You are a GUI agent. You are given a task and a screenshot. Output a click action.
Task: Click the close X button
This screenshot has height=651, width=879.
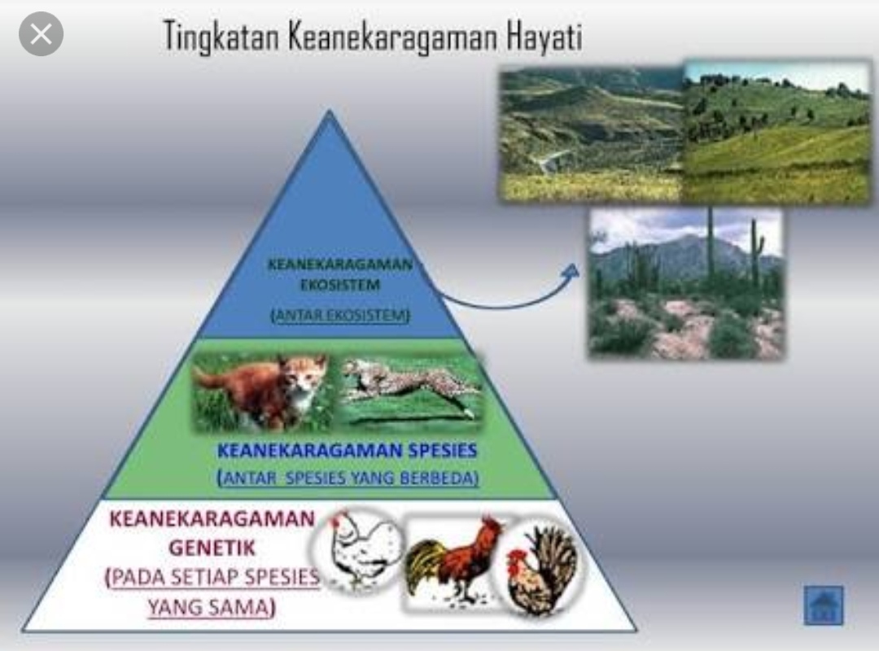[41, 33]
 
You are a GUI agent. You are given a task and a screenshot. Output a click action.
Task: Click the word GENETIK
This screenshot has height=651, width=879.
[212, 547]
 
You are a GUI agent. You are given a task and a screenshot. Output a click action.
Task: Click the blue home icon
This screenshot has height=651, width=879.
[824, 605]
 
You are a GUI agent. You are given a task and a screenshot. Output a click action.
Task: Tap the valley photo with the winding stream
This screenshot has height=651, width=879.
[590, 134]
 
